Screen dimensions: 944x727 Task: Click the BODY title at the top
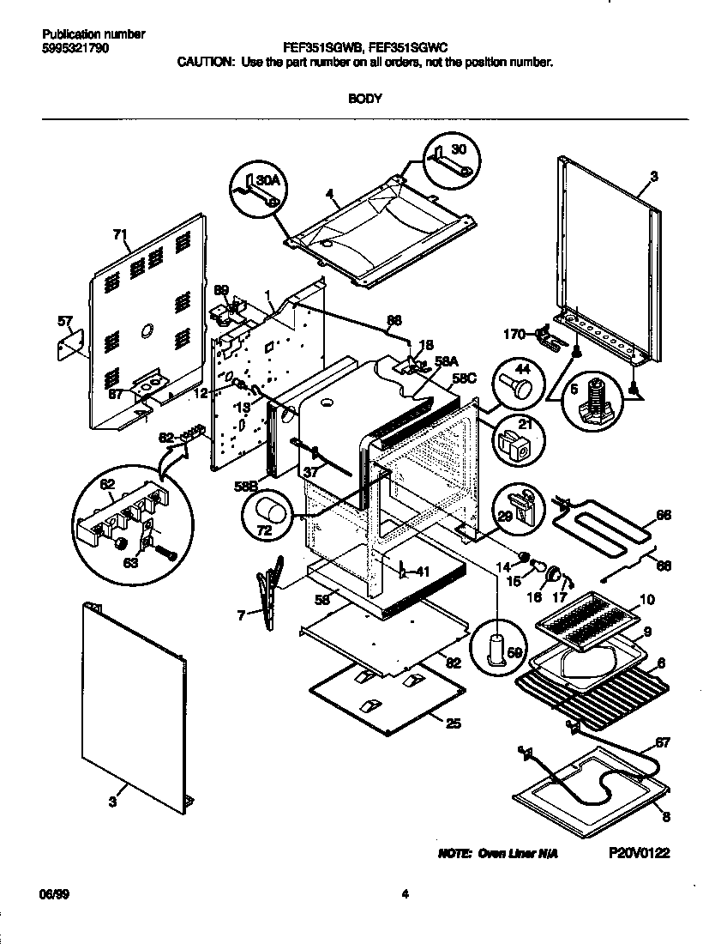pos(364,98)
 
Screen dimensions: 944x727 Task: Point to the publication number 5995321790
pos(75,49)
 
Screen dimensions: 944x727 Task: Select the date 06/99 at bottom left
pos(53,894)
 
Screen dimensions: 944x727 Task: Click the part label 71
pos(120,233)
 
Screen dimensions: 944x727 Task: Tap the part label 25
pos(454,723)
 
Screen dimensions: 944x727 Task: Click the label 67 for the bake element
pos(663,742)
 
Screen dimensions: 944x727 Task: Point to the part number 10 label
pos(647,598)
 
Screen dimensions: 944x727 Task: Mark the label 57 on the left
pos(64,322)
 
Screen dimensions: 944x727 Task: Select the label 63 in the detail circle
pos(130,563)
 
